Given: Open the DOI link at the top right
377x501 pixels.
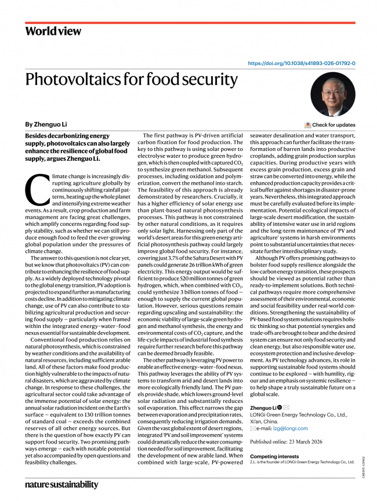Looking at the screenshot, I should [302, 63].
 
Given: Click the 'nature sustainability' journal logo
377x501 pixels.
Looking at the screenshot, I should [61, 484].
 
